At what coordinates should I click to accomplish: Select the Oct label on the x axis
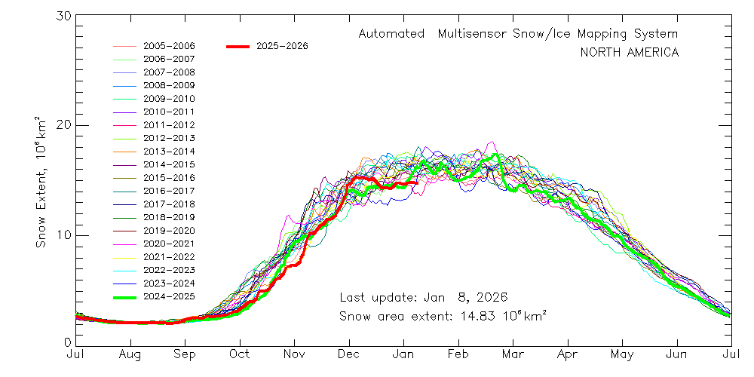240,354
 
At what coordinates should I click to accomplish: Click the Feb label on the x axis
459,354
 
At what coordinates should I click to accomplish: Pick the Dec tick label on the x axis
349,354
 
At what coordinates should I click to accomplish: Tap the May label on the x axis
622,354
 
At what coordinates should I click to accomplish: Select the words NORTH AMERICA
629,53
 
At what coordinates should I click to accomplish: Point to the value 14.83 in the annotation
469,316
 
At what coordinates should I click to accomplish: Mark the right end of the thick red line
417,182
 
